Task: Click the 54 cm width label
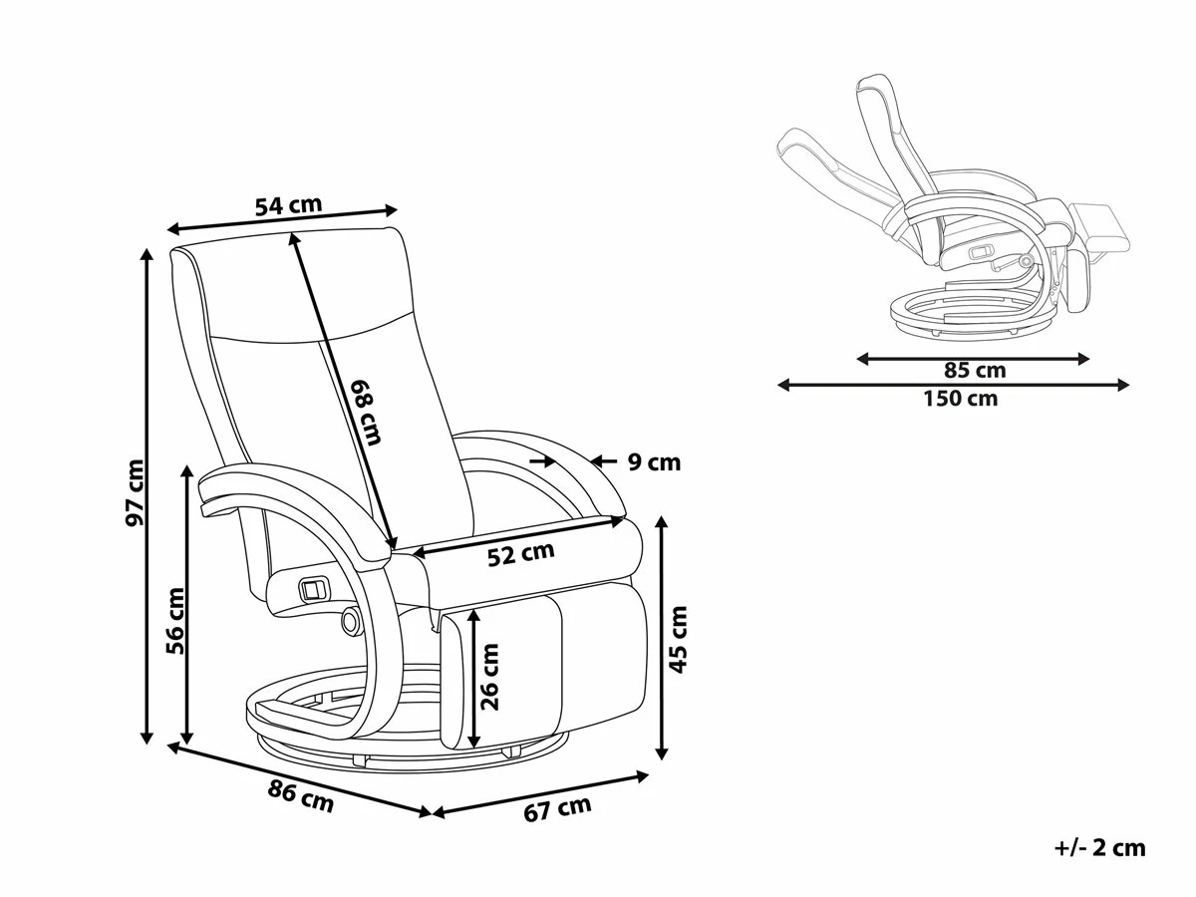click(x=288, y=206)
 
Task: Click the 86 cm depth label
click(x=301, y=796)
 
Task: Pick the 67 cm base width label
click(x=557, y=809)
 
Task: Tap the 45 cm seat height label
click(x=679, y=638)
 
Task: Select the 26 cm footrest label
click(x=489, y=675)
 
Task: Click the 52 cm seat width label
click(x=520, y=554)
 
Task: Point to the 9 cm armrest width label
click(x=654, y=461)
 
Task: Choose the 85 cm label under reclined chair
click(x=975, y=371)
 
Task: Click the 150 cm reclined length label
click(x=957, y=399)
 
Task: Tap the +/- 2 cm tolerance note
click(x=1099, y=848)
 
